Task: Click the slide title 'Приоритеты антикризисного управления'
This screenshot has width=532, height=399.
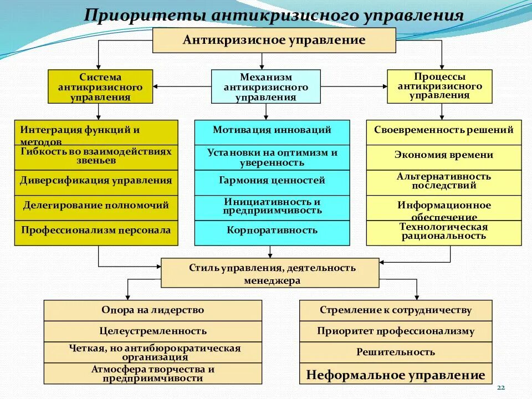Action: [x=274, y=14]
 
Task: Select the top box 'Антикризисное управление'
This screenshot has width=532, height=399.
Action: [x=274, y=40]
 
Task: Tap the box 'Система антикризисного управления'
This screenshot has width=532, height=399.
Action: [x=100, y=86]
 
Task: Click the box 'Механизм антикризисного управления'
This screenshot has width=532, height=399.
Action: [x=266, y=86]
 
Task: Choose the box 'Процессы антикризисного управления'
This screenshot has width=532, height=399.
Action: [x=439, y=86]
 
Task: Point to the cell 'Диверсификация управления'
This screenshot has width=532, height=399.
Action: [x=96, y=180]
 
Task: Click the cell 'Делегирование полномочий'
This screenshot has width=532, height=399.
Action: [x=96, y=205]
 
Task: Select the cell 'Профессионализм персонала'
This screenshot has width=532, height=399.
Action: [x=96, y=229]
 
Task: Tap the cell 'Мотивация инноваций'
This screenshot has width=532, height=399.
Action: [x=272, y=130]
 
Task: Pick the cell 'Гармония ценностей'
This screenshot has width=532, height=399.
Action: [x=272, y=180]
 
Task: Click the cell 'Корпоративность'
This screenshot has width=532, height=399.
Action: [x=272, y=229]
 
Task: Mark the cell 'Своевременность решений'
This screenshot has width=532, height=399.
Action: [x=444, y=130]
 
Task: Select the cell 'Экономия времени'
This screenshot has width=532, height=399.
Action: [x=444, y=155]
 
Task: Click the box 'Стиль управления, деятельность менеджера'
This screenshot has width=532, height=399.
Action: [x=270, y=273]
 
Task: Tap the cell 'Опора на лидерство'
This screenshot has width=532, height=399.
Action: [x=152, y=310]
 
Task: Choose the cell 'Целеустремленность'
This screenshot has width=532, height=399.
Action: [x=152, y=331]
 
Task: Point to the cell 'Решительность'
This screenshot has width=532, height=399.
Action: [x=396, y=352]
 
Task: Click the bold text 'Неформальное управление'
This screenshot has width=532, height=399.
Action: [x=396, y=375]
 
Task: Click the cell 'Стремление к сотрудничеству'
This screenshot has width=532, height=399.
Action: [x=396, y=310]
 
